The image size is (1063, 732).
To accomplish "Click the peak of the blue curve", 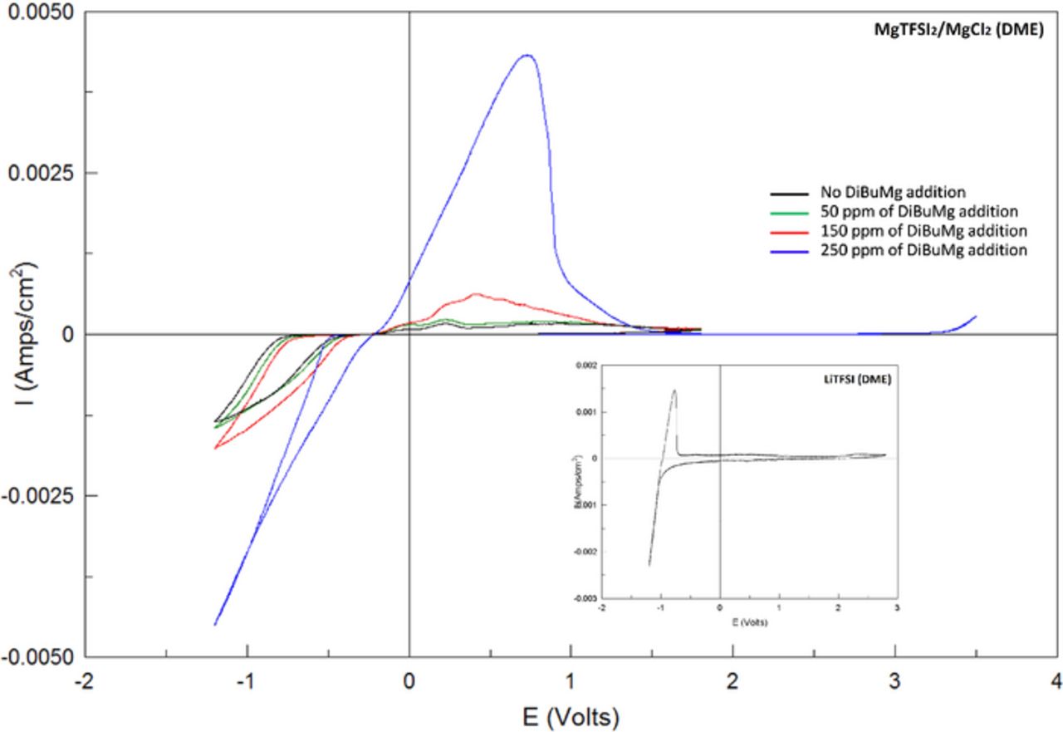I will pyautogui.click(x=527, y=56).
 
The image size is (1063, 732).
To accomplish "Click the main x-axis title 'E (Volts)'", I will pyautogui.click(x=570, y=713).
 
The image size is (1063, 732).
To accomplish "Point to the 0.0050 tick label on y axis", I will pyautogui.click(x=42, y=13).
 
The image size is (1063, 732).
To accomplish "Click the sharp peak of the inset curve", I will pyautogui.click(x=674, y=391).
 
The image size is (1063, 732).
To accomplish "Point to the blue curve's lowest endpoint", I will pyautogui.click(x=215, y=624).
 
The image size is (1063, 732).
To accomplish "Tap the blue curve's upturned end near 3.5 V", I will pyautogui.click(x=975, y=317).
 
